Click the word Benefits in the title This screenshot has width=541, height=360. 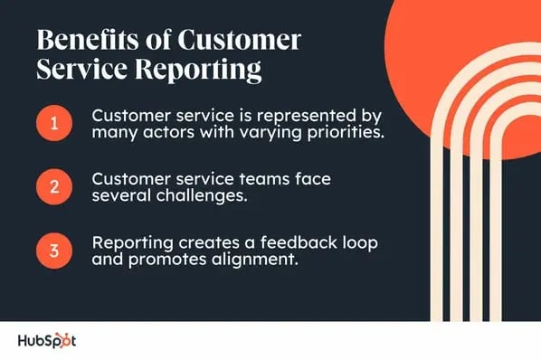tap(87, 39)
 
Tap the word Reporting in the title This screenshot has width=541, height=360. tap(198, 70)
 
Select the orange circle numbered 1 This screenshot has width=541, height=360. tap(54, 123)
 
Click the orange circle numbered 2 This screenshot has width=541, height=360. tap(54, 187)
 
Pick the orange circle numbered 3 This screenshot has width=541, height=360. tap(54, 251)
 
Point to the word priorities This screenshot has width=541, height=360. tap(346, 133)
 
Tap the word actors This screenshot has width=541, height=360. tap(168, 132)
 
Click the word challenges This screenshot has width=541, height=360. tap(202, 196)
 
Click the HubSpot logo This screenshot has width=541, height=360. tap(47, 341)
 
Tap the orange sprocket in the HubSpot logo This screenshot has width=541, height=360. tap(63, 341)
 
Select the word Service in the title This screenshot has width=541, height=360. tap(81, 69)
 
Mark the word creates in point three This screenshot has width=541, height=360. tap(209, 243)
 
